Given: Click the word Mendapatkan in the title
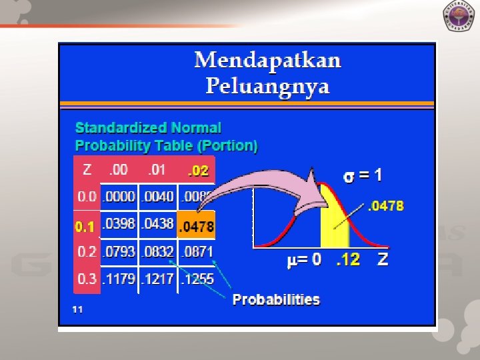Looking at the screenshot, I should pyautogui.click(x=267, y=61).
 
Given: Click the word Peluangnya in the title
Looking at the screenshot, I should pyautogui.click(x=267, y=87).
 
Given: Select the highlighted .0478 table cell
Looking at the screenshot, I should pyautogui.click(x=196, y=227).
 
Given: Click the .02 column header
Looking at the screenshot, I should pyautogui.click(x=197, y=171).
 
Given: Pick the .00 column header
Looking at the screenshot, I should pyautogui.click(x=119, y=170).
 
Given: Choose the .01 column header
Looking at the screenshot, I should pyautogui.click(x=157, y=170).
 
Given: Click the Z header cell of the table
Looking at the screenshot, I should pyautogui.click(x=87, y=170).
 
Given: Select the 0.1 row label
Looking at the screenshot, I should pyautogui.click(x=85, y=227).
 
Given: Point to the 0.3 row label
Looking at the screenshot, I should pyautogui.click(x=87, y=279).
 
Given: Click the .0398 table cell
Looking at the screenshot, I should pyautogui.click(x=119, y=223).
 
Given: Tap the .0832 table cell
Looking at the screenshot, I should pyautogui.click(x=157, y=252).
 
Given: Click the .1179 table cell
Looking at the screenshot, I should pyautogui.click(x=119, y=279).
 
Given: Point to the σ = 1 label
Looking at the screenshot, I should pyautogui.click(x=363, y=176).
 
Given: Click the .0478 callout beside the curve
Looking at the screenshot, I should pyautogui.click(x=386, y=206).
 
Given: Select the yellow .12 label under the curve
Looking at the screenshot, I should pyautogui.click(x=348, y=260).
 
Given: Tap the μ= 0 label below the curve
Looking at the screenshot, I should pyautogui.click(x=304, y=260).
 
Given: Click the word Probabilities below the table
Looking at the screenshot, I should pyautogui.click(x=276, y=299).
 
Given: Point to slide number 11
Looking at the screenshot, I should pyautogui.click(x=78, y=309).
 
